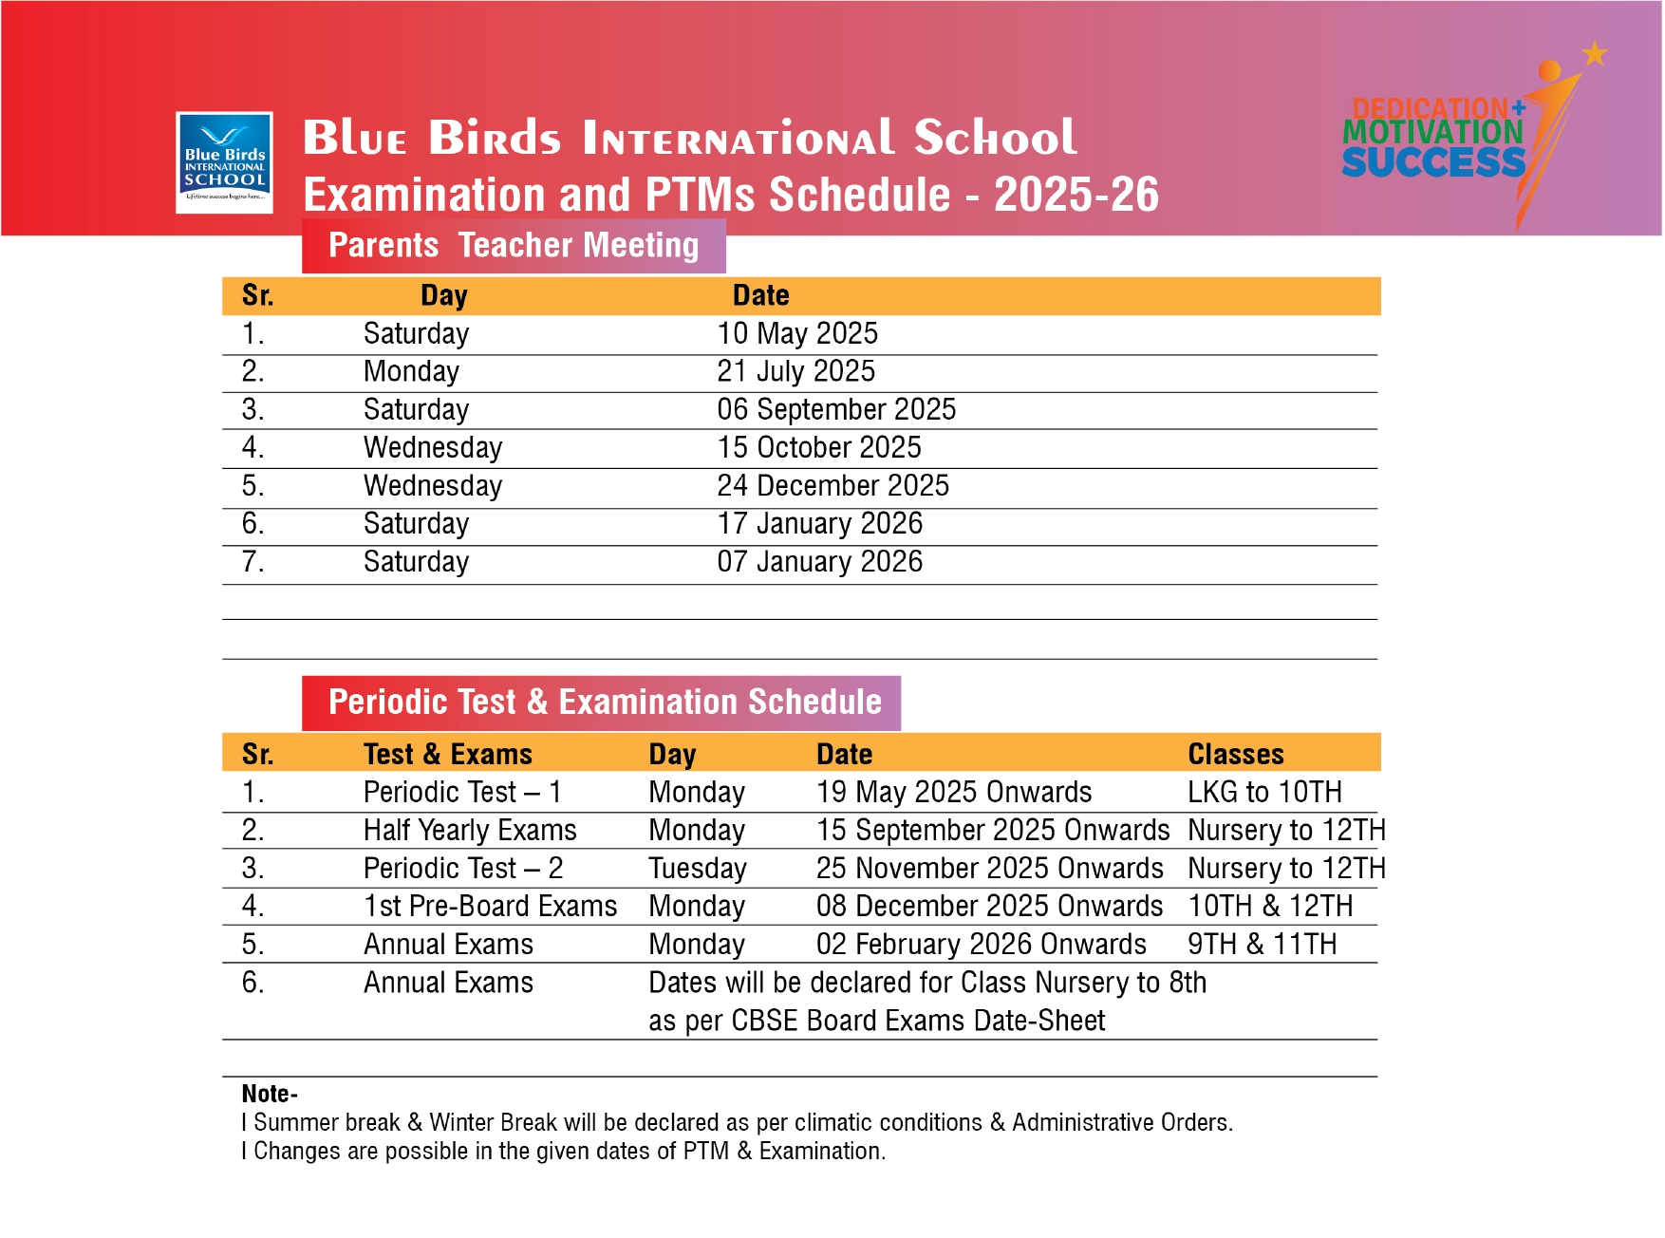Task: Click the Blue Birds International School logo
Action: (224, 162)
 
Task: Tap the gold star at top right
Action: (1595, 53)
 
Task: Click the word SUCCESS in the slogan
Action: (1432, 163)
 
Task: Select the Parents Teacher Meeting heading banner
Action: (514, 246)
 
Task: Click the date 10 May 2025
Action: (797, 334)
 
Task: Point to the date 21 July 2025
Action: (795, 372)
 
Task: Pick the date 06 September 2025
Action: (836, 410)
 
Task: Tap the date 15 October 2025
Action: (819, 448)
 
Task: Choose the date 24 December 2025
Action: (832, 486)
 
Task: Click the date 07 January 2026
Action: (819, 562)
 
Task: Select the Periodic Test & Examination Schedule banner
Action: (601, 703)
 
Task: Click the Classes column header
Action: (1235, 755)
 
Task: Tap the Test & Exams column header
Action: (447, 755)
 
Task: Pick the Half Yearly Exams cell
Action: (470, 831)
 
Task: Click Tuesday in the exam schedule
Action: (698, 869)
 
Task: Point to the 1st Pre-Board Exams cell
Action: (490, 907)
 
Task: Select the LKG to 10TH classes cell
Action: (1264, 793)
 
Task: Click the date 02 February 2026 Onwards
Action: (981, 945)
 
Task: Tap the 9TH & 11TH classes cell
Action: (1262, 945)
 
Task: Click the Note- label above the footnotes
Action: (270, 1094)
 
